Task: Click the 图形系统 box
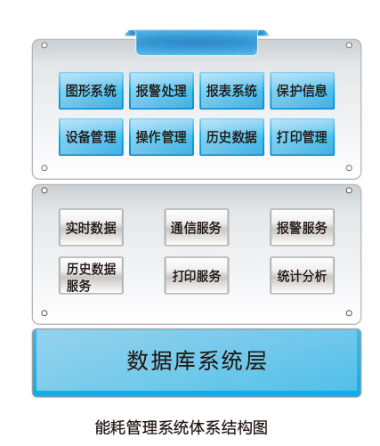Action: (91, 91)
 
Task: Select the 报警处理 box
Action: (161, 91)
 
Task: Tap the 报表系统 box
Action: (231, 91)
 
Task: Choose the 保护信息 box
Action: (303, 91)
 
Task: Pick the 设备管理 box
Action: (91, 137)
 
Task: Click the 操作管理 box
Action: (161, 137)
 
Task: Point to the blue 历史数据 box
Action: (231, 137)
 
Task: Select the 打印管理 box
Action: (303, 137)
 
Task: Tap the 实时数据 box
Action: (91, 228)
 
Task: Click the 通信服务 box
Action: (197, 228)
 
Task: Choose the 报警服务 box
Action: (302, 228)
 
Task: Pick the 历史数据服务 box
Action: (91, 276)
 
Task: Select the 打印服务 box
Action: (197, 276)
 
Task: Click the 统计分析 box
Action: (302, 276)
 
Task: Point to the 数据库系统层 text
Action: (197, 361)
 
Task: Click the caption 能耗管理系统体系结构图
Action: (182, 427)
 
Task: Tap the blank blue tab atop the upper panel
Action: (197, 43)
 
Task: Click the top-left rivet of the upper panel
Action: (44, 45)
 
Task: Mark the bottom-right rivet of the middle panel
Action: (349, 313)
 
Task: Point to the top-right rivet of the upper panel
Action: (349, 45)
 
